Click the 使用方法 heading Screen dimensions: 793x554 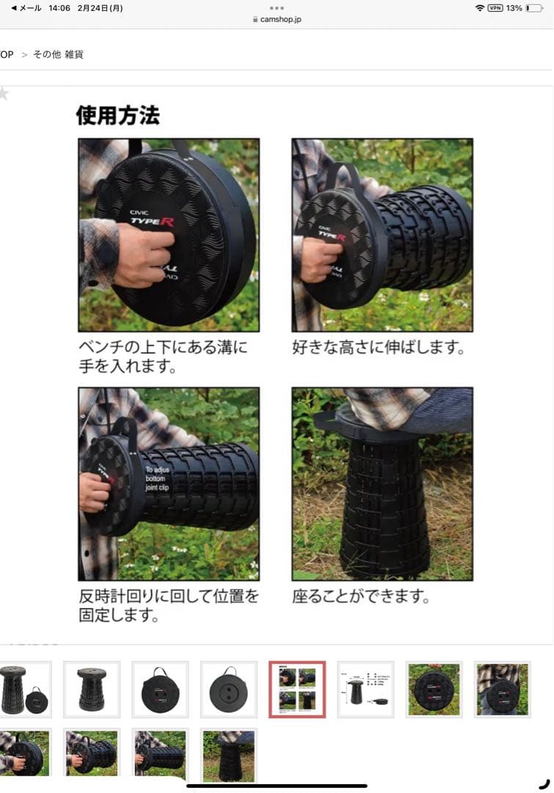[117, 115]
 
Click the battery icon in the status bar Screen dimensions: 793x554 [533, 8]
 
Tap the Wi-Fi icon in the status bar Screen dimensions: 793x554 [480, 8]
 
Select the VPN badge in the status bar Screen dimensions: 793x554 [495, 8]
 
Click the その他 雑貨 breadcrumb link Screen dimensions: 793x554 [58, 54]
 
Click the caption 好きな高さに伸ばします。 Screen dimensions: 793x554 [379, 347]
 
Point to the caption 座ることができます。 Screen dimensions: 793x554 [361, 596]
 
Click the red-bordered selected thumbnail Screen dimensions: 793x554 [297, 689]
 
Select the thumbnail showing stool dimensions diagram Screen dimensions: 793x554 [365, 689]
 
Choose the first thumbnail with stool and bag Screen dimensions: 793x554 [24, 689]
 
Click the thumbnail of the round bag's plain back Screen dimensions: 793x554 [228, 689]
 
